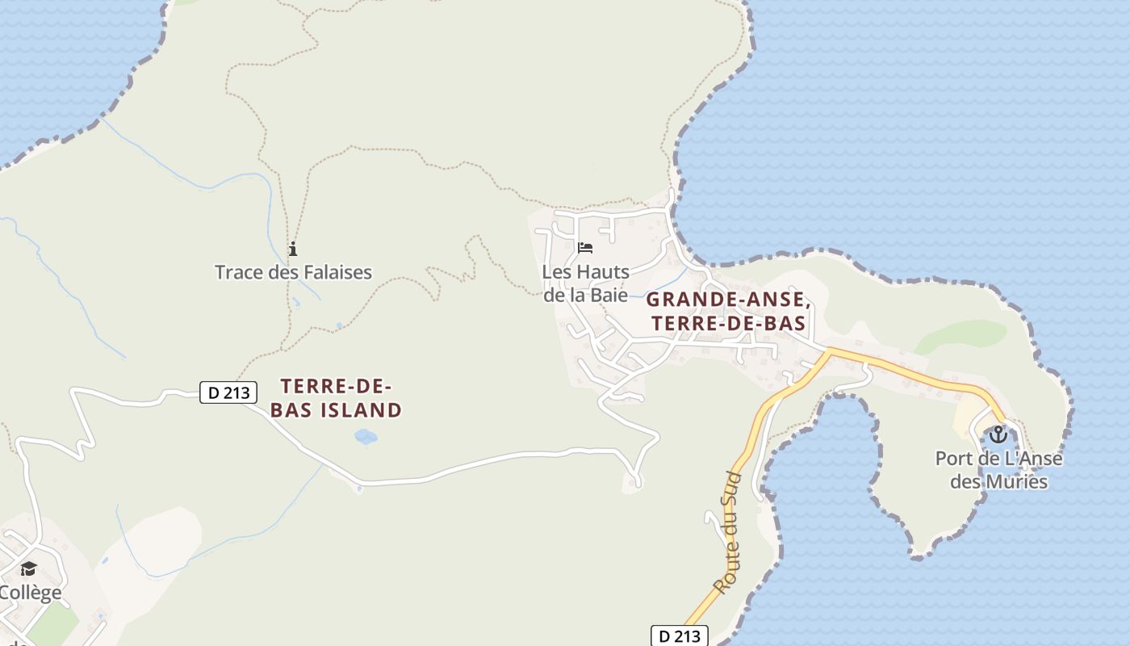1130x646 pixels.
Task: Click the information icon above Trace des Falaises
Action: [x=293, y=249]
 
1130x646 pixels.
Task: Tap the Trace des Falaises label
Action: [x=293, y=272]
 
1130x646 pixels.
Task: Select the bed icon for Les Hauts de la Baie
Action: [x=585, y=247]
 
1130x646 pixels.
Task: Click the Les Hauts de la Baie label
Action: [x=585, y=283]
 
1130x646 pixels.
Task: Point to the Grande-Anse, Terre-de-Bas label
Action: [x=726, y=311]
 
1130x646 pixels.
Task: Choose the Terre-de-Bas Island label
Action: [x=336, y=398]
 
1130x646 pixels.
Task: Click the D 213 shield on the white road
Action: [x=228, y=393]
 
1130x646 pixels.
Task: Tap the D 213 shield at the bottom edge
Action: [x=680, y=636]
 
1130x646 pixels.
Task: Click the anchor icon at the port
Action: [x=998, y=435]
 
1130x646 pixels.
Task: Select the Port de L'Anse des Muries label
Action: [x=998, y=470]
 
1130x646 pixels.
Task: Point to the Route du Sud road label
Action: [x=727, y=533]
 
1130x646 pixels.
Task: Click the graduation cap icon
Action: [x=28, y=569]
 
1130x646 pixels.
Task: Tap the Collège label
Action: [x=31, y=593]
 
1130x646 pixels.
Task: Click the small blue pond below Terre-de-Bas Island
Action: [x=366, y=437]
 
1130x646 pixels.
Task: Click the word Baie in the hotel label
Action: [x=609, y=295]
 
